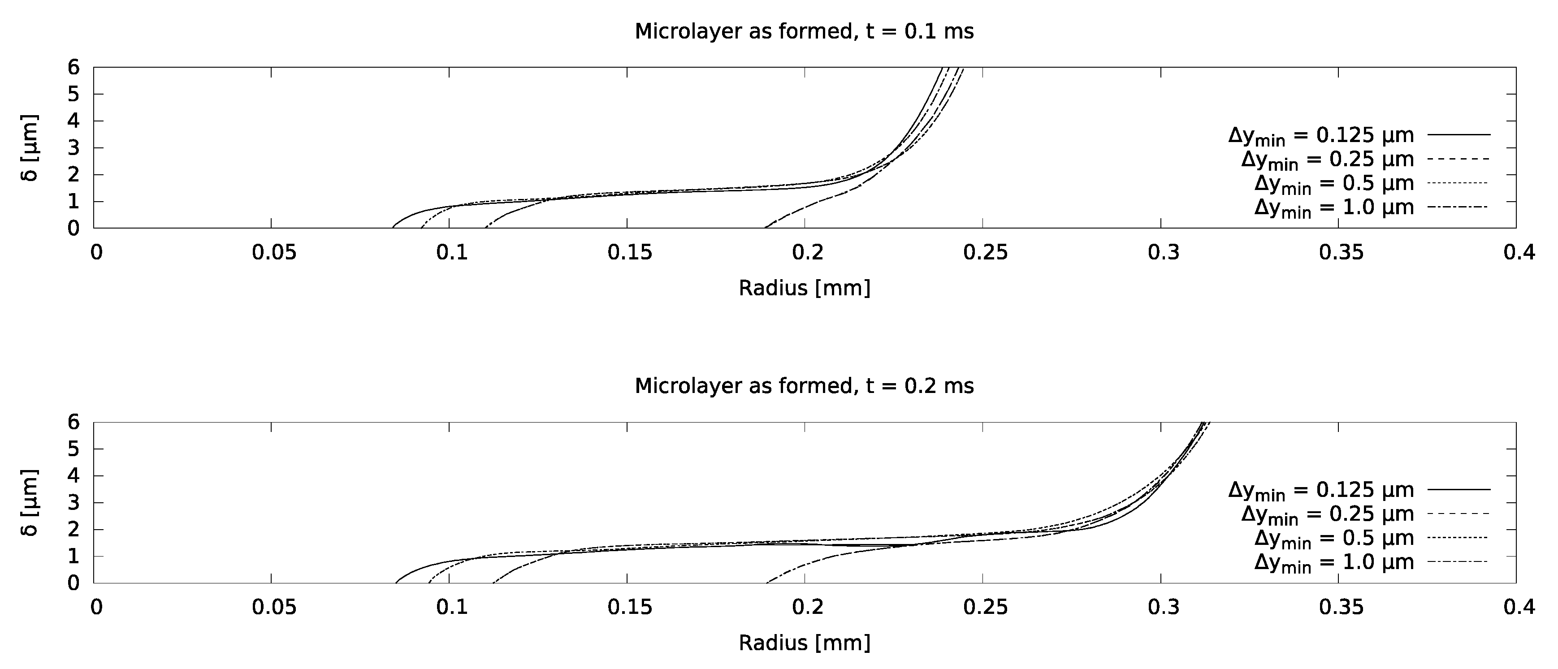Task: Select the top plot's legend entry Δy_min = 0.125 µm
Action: click(x=1321, y=135)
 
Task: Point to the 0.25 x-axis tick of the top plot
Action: click(x=985, y=252)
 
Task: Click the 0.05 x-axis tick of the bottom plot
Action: click(x=274, y=607)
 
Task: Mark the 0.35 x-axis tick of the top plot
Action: click(x=1341, y=252)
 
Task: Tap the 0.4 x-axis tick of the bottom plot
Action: click(x=1519, y=607)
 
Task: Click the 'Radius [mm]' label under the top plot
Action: click(x=805, y=288)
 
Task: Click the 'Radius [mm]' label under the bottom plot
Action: click(x=805, y=643)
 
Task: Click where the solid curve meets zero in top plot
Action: click(x=393, y=228)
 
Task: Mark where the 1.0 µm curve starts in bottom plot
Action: click(x=767, y=583)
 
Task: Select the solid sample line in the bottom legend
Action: click(x=1459, y=489)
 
